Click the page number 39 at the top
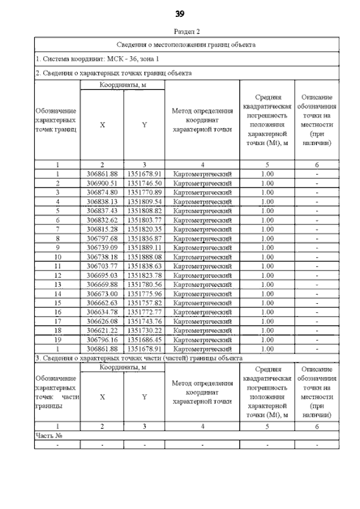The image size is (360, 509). [180, 13]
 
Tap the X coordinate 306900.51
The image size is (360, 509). [102, 183]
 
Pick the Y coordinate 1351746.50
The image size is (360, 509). [145, 183]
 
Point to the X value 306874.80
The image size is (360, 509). [102, 192]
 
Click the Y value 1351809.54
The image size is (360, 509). [145, 201]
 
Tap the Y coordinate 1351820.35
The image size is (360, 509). [145, 229]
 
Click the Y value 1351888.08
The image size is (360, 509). [145, 256]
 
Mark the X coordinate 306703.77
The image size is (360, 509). [102, 265]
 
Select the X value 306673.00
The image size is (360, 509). [102, 293]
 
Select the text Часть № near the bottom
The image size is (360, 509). [48, 435]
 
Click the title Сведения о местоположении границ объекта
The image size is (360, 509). [186, 44]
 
